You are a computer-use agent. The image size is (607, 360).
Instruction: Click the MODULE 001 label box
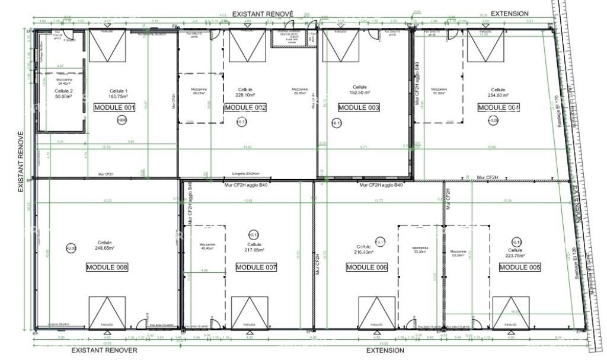click(115, 107)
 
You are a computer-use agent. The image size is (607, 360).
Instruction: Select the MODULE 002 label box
click(245, 107)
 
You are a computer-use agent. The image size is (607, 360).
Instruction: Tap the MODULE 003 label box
click(358, 107)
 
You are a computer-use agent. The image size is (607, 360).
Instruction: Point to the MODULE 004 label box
click(499, 107)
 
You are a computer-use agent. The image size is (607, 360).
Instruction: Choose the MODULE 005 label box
click(520, 267)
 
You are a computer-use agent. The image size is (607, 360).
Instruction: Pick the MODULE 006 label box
click(366, 267)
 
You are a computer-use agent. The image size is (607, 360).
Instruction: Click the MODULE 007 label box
click(256, 267)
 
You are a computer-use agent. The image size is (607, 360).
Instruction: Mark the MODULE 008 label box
click(107, 267)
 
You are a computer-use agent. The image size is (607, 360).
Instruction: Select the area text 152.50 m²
click(359, 93)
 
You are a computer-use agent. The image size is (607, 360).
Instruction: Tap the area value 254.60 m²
click(498, 94)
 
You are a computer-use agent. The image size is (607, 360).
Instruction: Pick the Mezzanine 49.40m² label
click(207, 249)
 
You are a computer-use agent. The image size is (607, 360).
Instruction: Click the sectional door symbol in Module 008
click(107, 311)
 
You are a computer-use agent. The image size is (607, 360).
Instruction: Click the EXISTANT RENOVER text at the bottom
click(104, 350)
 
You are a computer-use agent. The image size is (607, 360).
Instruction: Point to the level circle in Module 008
click(71, 248)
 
